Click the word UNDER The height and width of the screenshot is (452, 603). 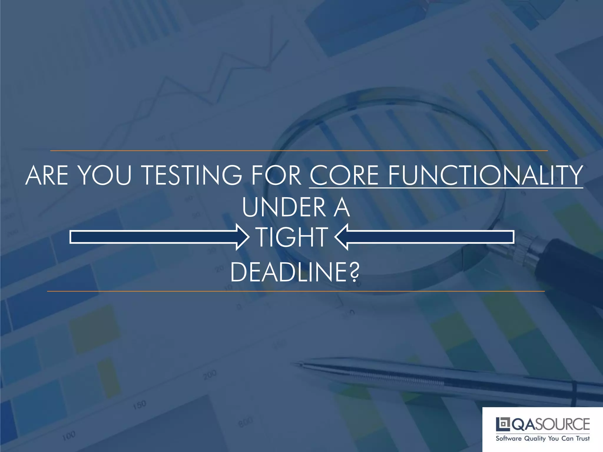[x=284, y=207]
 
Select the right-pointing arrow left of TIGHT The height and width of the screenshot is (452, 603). [x=159, y=237]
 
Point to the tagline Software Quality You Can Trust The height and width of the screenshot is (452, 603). [x=542, y=438]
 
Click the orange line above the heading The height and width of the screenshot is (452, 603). [x=299, y=151]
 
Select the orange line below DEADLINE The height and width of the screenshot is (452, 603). [x=296, y=291]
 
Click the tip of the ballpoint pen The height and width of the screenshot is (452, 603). [x=292, y=364]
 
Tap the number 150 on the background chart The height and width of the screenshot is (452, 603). [x=139, y=405]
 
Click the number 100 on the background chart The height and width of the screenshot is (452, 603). [x=69, y=436]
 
